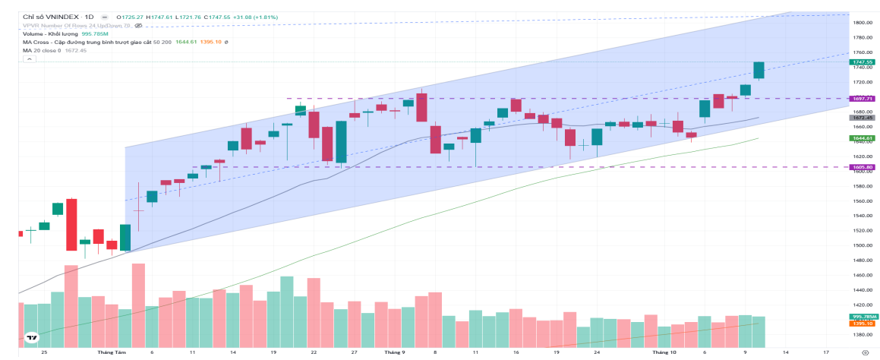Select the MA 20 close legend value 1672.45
[75, 51]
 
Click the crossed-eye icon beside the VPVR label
[137, 25]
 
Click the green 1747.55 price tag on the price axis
[863, 62]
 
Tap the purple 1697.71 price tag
[863, 98]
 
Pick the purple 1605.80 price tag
[863, 167]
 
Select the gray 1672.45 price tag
[863, 118]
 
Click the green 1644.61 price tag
[863, 138]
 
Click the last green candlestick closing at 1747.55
[759, 70]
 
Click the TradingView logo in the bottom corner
[32, 338]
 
